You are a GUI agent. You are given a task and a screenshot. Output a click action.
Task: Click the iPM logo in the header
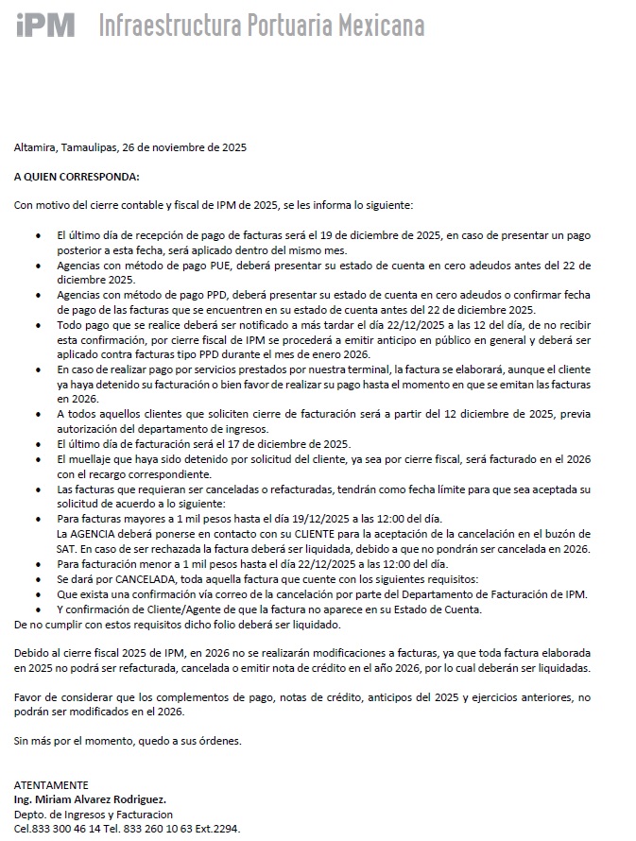click(44, 25)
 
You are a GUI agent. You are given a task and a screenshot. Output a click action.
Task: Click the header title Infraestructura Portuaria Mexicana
click(262, 26)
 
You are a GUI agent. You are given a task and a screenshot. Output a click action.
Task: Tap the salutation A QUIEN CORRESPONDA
click(77, 176)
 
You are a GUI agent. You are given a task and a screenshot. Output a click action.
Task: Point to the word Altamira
click(36, 147)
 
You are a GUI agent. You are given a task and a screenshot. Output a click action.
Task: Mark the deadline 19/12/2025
click(324, 519)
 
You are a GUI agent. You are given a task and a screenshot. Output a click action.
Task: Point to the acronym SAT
click(66, 548)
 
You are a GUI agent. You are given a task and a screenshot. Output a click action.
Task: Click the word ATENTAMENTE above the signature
click(51, 785)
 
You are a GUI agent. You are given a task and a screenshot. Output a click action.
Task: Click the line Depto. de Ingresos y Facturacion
click(94, 815)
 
